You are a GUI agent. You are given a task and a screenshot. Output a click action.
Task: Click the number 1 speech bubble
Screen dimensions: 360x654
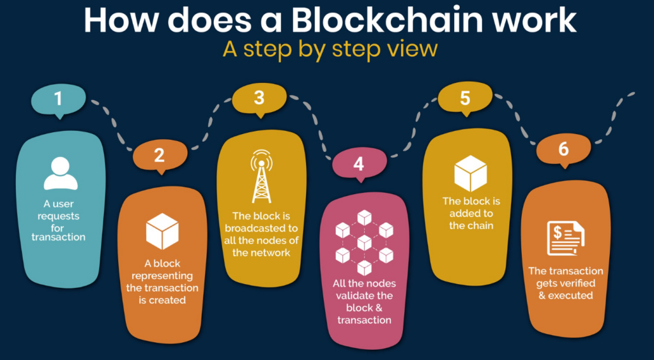point(58,100)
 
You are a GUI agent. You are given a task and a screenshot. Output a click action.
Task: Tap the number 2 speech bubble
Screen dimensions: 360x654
point(160,154)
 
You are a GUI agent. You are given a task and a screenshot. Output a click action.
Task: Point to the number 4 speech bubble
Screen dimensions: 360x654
point(358,165)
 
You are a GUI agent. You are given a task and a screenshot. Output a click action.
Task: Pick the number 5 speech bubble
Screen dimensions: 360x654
point(465,98)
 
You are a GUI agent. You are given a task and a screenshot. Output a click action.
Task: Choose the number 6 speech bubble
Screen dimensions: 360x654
point(563,149)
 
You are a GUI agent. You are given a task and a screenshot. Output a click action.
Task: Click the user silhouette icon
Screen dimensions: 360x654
point(60,173)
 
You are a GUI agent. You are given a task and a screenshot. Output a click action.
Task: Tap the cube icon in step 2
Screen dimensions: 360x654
point(162,231)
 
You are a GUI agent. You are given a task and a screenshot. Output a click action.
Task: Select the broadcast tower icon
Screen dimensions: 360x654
point(261,176)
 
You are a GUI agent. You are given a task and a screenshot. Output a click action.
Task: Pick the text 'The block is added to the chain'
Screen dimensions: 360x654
point(471,213)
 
